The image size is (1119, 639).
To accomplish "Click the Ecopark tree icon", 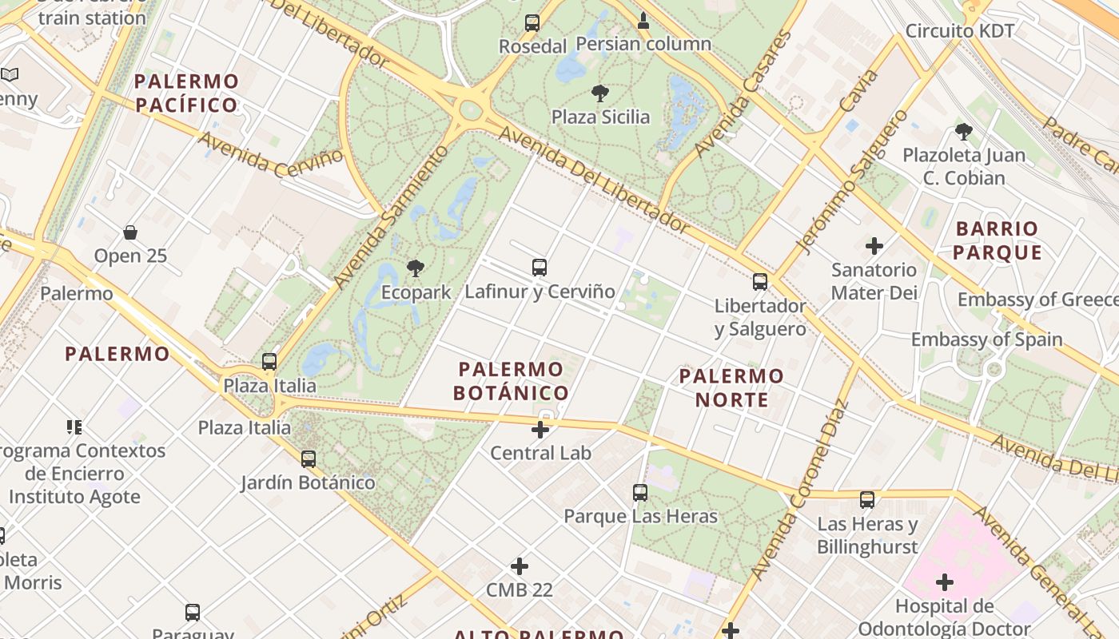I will [x=415, y=268].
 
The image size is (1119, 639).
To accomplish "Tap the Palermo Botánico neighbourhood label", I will [x=511, y=381].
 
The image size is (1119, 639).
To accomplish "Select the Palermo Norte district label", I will [x=731, y=387].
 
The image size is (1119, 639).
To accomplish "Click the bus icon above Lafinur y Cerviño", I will [x=540, y=268].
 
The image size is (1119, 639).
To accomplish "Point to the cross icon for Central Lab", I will [x=540, y=430].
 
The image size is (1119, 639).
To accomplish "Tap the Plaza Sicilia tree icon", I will [x=599, y=93].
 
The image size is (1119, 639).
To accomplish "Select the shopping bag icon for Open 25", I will [x=130, y=232].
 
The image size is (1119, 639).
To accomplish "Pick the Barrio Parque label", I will [x=998, y=240].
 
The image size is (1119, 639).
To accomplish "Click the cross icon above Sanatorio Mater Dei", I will [x=874, y=246].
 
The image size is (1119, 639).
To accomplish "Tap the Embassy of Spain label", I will [x=987, y=339].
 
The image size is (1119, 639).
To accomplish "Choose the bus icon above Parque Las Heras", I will [x=640, y=493].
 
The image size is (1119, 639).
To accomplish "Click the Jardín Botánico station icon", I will [x=309, y=459].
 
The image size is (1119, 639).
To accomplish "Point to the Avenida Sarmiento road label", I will [x=392, y=217].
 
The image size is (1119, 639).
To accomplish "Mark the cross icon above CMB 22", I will [x=520, y=566].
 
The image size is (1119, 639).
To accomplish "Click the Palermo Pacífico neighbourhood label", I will [x=186, y=93].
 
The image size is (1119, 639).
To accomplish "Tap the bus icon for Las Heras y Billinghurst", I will [x=867, y=500].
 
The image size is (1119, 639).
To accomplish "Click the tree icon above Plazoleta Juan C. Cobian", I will [x=963, y=132].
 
